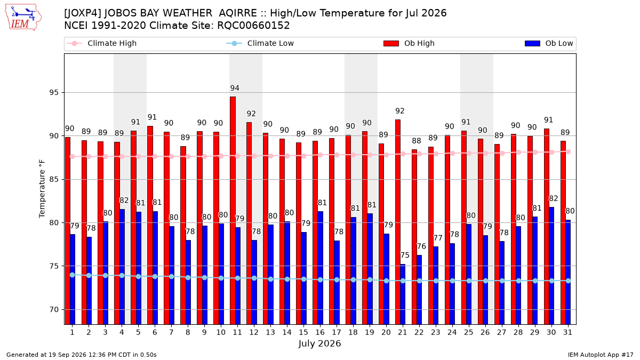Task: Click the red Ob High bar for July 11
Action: click(x=233, y=210)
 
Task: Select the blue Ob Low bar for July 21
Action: click(x=403, y=294)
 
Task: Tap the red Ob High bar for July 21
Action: click(x=398, y=222)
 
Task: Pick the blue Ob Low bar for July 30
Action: click(x=551, y=266)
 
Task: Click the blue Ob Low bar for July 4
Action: click(x=122, y=267)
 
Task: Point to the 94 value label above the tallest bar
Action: click(x=235, y=88)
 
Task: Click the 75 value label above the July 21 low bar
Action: click(x=405, y=255)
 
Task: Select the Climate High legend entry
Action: click(x=102, y=43)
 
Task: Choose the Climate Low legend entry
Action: click(x=260, y=43)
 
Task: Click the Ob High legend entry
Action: click(x=409, y=43)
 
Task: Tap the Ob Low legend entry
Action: click(x=549, y=43)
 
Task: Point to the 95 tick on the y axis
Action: click(x=54, y=93)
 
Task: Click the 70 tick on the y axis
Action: click(x=54, y=309)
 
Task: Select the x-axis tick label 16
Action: click(x=320, y=332)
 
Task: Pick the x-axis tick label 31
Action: click(x=567, y=332)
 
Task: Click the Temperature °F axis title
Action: click(x=42, y=189)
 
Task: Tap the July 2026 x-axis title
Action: click(x=319, y=343)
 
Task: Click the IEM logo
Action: click(x=23, y=18)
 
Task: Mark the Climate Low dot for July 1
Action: click(x=73, y=275)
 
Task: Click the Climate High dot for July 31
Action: click(x=568, y=151)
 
